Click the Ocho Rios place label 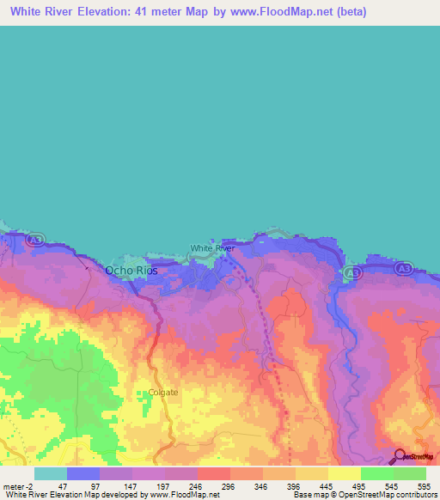pyautogui.click(x=131, y=270)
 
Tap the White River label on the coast pyautogui.click(x=212, y=248)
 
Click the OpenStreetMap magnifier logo pyautogui.click(x=400, y=457)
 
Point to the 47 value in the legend pyautogui.click(x=62, y=485)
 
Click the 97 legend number pyautogui.click(x=95, y=485)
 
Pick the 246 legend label pyautogui.click(x=193, y=485)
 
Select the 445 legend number pyautogui.click(x=325, y=485)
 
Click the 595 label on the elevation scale pyautogui.click(x=424, y=485)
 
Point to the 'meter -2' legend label pyautogui.click(x=18, y=485)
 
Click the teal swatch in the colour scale pyautogui.click(x=51, y=473)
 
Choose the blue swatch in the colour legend pyautogui.click(x=83, y=473)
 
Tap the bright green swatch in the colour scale pyautogui.click(x=377, y=473)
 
